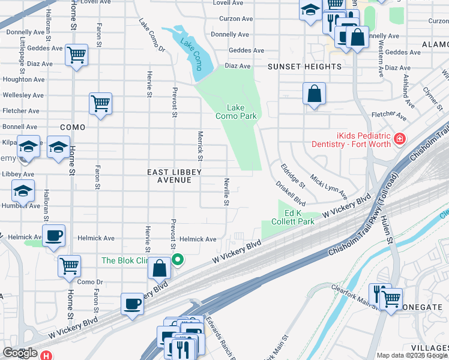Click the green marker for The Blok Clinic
click(x=178, y=260)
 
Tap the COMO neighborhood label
click(x=73, y=127)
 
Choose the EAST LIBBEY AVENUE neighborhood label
click(x=174, y=176)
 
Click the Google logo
click(x=20, y=353)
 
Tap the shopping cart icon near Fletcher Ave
click(x=101, y=103)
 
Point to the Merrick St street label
click(x=200, y=147)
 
